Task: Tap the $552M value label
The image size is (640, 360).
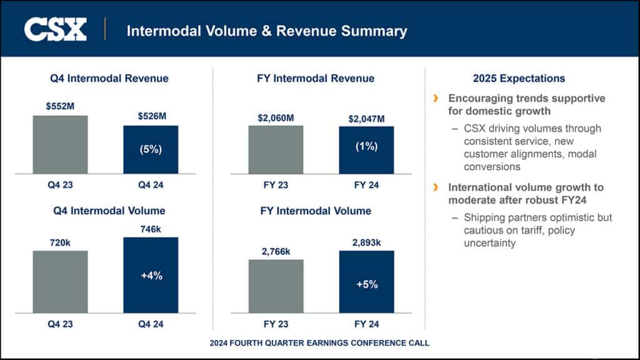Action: (x=60, y=106)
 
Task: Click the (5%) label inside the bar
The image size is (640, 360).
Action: (x=151, y=150)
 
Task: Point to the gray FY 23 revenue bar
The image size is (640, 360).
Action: (x=276, y=149)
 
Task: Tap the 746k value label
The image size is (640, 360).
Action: (x=151, y=229)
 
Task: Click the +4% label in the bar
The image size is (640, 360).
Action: (x=151, y=276)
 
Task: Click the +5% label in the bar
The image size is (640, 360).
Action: (x=366, y=284)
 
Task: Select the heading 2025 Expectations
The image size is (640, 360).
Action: (x=519, y=78)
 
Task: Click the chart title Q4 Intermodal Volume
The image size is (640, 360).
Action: (x=109, y=211)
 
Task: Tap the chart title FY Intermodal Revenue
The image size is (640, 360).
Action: (x=316, y=78)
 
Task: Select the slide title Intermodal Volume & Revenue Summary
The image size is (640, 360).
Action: (x=267, y=31)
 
